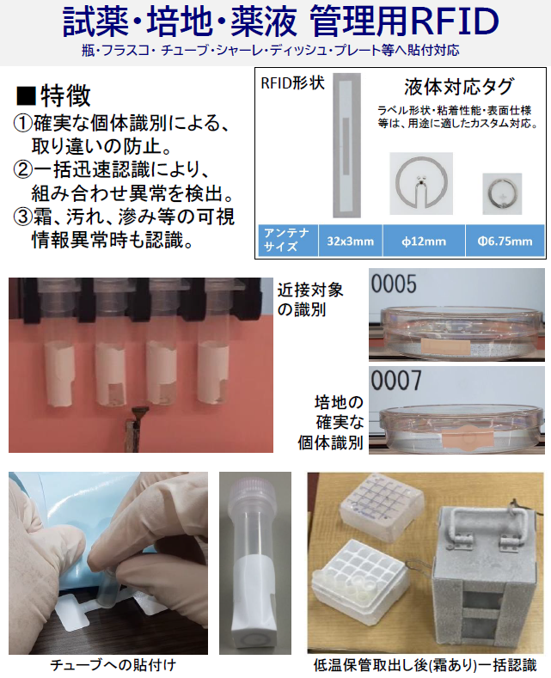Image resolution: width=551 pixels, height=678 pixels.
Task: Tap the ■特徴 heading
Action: point(53,95)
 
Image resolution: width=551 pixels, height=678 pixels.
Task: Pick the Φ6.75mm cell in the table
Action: point(505,241)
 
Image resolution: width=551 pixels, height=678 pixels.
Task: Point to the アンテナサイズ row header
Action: point(287,240)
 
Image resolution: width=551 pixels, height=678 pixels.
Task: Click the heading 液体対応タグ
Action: point(458,87)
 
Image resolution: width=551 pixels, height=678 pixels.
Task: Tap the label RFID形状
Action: point(289,84)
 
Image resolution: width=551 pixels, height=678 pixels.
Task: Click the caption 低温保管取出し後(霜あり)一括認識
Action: point(425,665)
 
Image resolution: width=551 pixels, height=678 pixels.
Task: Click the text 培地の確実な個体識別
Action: point(331,422)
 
